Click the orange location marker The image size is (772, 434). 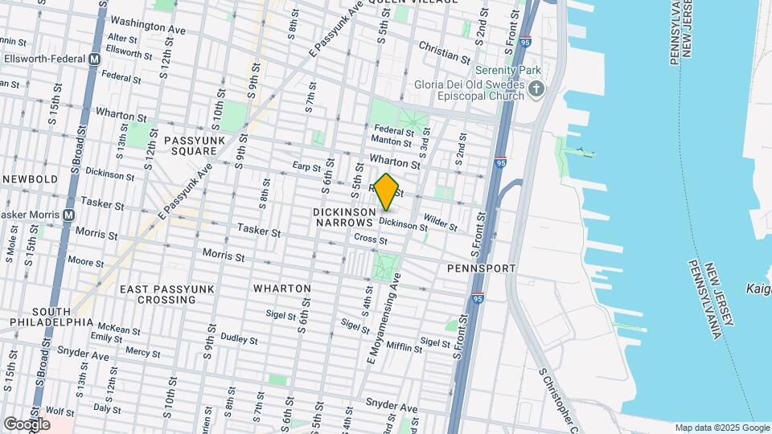[386, 192]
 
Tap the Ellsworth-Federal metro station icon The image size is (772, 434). [94, 59]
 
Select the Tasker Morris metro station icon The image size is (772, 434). [69, 215]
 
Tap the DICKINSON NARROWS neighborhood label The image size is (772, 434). [344, 216]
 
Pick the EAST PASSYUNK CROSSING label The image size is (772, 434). [156, 294]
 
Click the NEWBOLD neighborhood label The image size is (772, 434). [30, 178]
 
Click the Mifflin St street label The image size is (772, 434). [404, 347]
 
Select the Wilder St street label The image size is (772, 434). [440, 219]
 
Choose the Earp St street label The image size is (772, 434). [306, 166]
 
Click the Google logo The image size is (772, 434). [26, 424]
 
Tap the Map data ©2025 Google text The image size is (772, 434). [721, 428]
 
